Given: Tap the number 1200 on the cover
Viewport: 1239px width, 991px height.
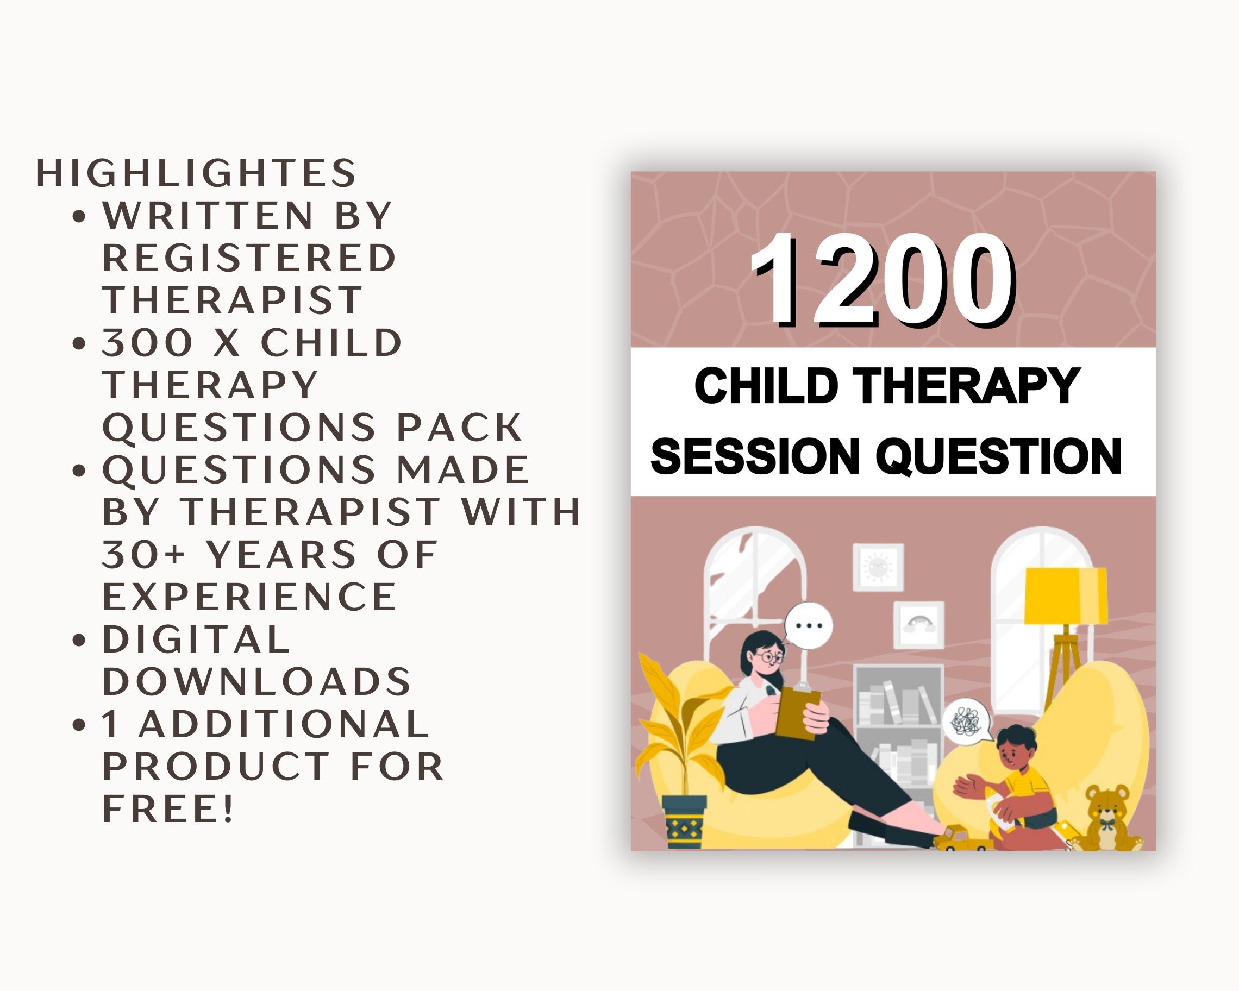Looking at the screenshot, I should pos(883,280).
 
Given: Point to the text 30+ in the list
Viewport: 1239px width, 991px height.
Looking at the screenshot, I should pos(143,554).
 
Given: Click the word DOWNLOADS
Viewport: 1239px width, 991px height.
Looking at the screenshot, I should pos(256,682).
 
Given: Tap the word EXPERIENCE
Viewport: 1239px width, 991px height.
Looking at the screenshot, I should pos(249,597).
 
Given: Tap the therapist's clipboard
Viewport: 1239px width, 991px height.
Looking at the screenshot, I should pos(797,713).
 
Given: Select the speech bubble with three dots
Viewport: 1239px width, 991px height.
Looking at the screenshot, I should pos(809,625).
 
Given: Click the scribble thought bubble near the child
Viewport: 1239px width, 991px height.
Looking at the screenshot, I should pos(967,722).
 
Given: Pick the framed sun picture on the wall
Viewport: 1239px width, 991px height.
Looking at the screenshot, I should pos(878,567).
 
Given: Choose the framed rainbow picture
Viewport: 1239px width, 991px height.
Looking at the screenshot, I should pos(919,625).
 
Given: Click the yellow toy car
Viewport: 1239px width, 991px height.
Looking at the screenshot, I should pos(961,839).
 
